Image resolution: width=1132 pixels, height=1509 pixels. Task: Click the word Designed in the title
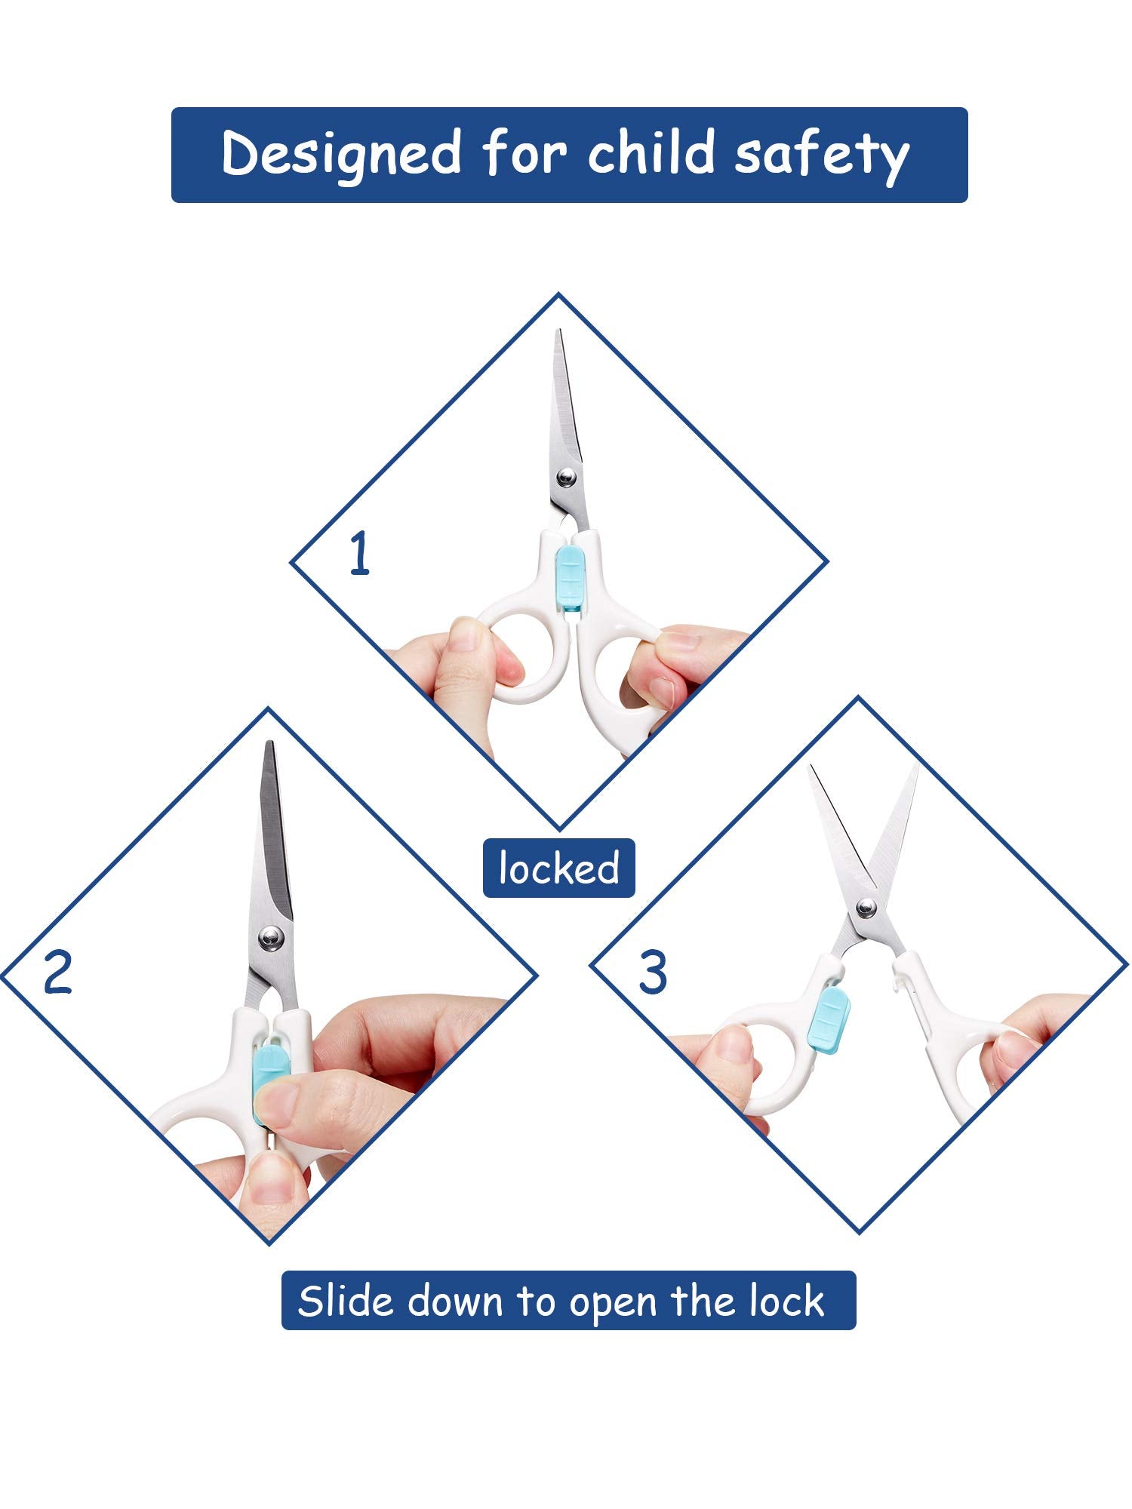[x=341, y=155]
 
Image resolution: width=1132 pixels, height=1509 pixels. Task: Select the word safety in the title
[x=822, y=156]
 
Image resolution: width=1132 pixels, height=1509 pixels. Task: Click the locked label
[x=558, y=868]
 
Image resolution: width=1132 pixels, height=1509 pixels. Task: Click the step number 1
[x=360, y=554]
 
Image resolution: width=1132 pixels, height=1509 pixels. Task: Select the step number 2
[x=57, y=972]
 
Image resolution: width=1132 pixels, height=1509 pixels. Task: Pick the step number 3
[x=653, y=972]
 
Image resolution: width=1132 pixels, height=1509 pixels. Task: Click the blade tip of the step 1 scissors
[x=558, y=330]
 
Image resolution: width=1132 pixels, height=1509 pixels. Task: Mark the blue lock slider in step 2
[x=266, y=1071]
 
